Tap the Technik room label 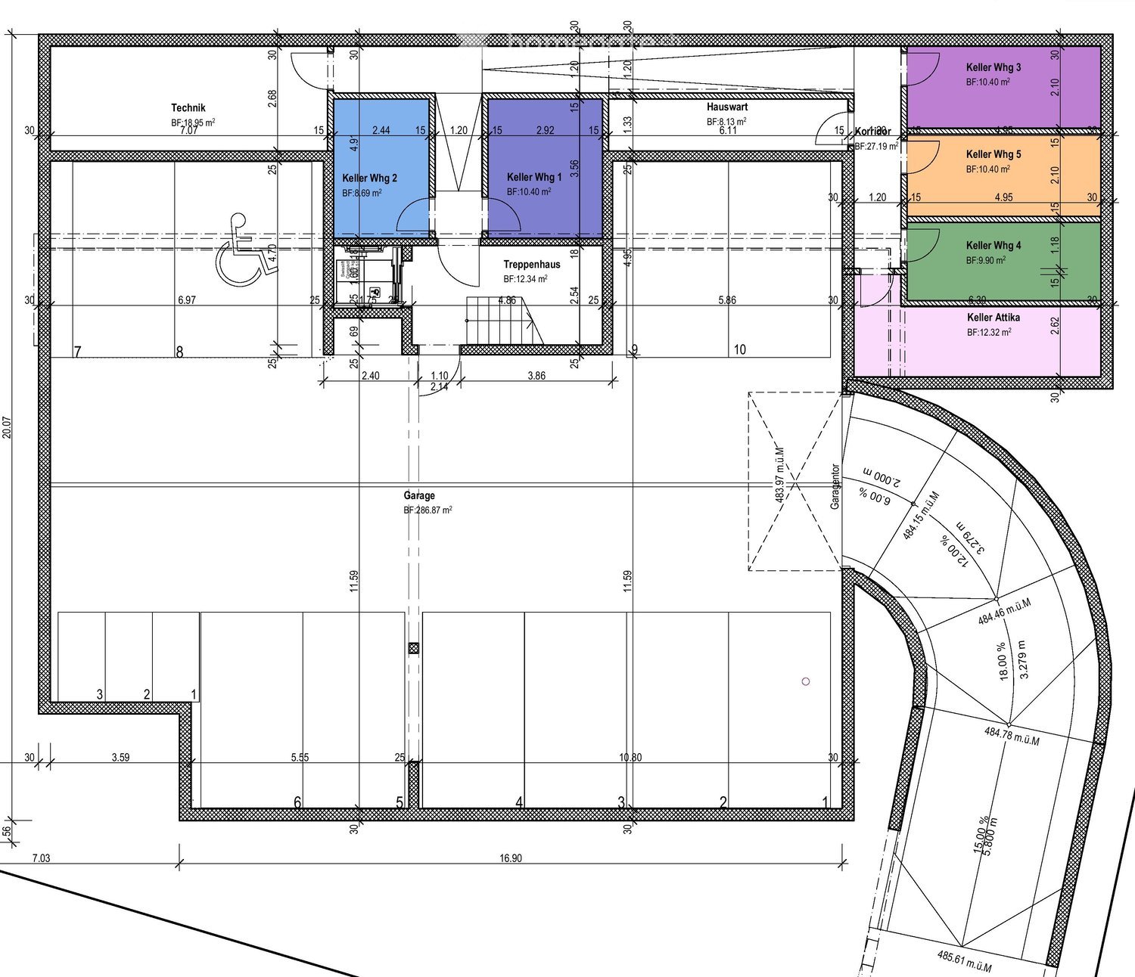(x=188, y=108)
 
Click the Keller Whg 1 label (x=534, y=177)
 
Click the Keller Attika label (x=993, y=318)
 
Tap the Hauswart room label (x=727, y=107)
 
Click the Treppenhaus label (x=532, y=265)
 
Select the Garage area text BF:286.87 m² (x=428, y=510)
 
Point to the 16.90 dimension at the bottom (x=511, y=858)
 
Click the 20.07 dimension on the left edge (x=7, y=427)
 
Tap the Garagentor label (x=835, y=486)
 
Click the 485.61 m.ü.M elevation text (x=964, y=961)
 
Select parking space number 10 (x=739, y=349)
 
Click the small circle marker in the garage (x=806, y=681)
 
